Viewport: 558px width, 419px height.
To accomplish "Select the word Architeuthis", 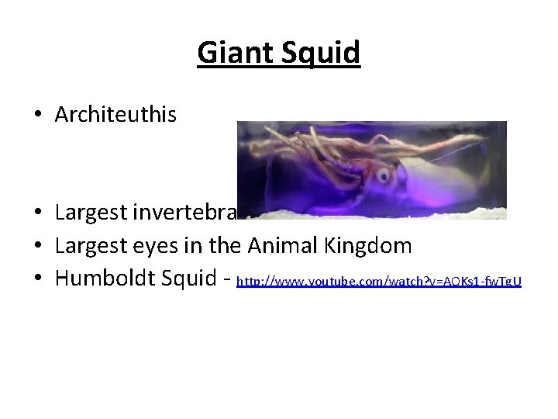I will click(x=115, y=116).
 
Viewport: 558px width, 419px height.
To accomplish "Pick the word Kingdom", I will click(x=374, y=246).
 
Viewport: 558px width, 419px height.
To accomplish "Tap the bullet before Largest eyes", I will click(x=37, y=247).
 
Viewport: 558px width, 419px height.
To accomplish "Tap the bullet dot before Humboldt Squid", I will click(x=37, y=279).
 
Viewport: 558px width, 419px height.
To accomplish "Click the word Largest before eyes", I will click(x=92, y=246).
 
